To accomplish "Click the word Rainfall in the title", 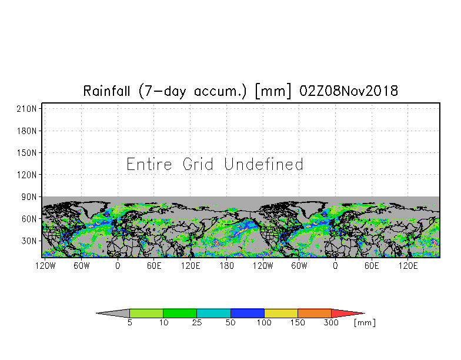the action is (106, 91).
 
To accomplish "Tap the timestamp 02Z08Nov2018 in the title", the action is (348, 91).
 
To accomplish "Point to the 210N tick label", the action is (27, 109).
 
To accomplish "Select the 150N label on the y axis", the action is (27, 153).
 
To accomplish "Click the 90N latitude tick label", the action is (29, 196).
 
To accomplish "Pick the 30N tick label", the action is (29, 241).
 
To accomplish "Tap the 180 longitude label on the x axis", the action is (227, 266).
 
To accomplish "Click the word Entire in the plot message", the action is (149, 164).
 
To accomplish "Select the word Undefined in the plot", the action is (263, 164).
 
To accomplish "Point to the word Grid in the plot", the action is (198, 164).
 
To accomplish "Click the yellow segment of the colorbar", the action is (281, 313).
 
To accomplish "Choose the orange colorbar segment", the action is (314, 313).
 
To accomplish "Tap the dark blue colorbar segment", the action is (247, 313).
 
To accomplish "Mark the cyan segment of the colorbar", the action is (213, 313).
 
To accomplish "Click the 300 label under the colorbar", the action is (331, 322).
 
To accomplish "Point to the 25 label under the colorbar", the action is (196, 322).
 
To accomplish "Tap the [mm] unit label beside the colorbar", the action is (365, 322).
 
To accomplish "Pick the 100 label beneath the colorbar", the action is (263, 322).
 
